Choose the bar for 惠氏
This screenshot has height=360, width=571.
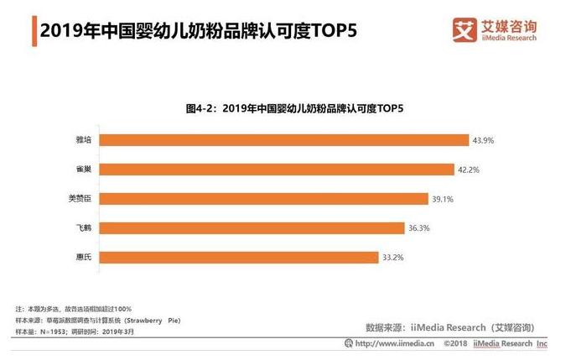tap(246, 257)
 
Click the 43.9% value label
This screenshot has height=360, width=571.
tap(483, 139)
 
